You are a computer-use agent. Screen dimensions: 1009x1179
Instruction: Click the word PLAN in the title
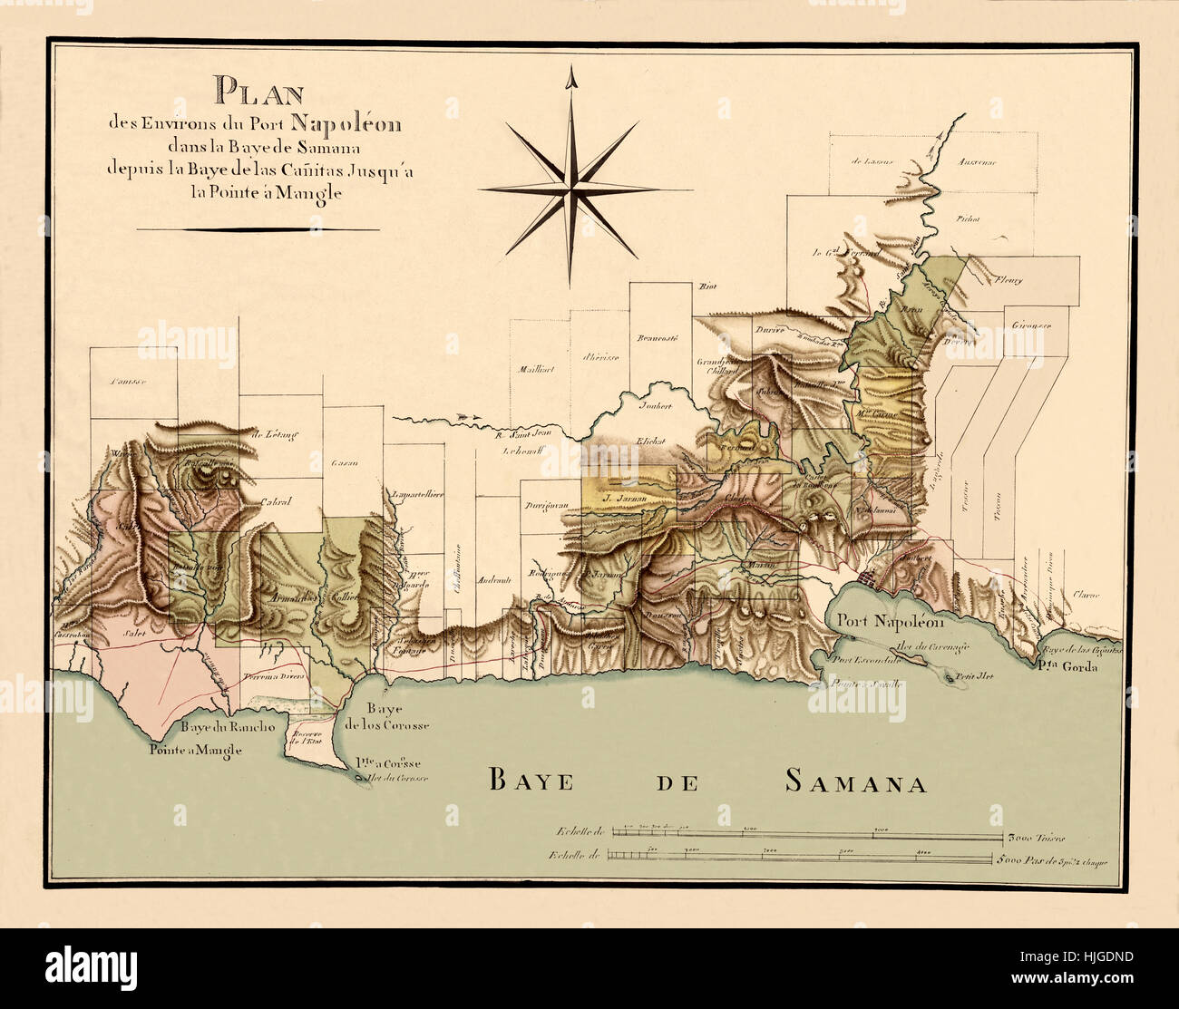[258, 92]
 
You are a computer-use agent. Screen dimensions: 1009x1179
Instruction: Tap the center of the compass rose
[571, 189]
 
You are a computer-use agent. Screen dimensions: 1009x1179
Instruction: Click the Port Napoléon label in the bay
[891, 622]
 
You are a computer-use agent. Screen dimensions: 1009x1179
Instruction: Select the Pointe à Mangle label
[196, 750]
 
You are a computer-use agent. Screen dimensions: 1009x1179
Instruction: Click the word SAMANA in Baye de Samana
[855, 781]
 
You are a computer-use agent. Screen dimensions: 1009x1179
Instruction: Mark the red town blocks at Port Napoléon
[869, 575]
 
